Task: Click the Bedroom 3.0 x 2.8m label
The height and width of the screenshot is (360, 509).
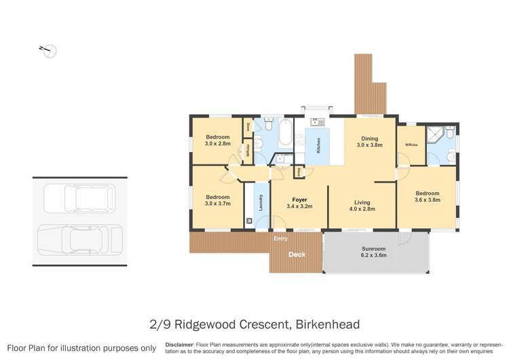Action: [217, 141]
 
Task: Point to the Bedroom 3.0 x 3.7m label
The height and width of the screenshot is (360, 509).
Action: [218, 200]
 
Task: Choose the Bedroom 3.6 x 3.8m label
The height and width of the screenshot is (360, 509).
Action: [428, 196]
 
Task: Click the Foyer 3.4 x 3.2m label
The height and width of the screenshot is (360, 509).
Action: [299, 202]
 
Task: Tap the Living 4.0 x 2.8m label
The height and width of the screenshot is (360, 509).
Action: [362, 205]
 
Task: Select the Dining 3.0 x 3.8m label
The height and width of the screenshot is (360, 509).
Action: [371, 141]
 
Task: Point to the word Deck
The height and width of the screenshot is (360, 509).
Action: [297, 255]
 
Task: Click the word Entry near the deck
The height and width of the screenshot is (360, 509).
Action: [280, 239]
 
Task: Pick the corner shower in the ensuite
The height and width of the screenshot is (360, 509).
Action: [448, 134]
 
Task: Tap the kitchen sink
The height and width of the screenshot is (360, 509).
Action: [317, 122]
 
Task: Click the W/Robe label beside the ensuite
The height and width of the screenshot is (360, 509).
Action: [411, 145]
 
